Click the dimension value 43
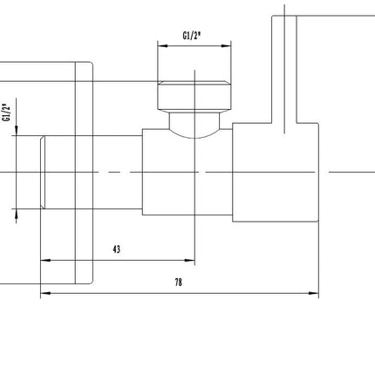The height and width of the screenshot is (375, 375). [116, 249]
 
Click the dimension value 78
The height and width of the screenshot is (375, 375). [179, 282]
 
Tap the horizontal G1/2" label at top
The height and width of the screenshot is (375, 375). [192, 36]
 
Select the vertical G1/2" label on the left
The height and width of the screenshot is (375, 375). [6, 112]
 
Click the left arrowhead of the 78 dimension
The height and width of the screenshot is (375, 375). [45, 293]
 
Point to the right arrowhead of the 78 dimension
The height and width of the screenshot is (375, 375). [314, 293]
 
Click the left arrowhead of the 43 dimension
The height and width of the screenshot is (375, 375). [45, 260]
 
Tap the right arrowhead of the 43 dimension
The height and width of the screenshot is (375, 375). [189, 260]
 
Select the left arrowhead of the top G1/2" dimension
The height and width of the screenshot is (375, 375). [163, 45]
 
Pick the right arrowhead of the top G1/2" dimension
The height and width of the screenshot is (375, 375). [226, 45]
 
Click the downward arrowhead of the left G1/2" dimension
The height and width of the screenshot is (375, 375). [17, 131]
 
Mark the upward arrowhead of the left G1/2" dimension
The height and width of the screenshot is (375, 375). [17, 214]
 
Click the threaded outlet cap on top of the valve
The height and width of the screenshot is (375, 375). [194, 95]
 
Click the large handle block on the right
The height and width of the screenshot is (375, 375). [276, 172]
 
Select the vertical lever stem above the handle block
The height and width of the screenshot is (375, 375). [284, 69]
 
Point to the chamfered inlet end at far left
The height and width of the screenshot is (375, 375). [43, 172]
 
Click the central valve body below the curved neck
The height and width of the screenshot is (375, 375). [187, 172]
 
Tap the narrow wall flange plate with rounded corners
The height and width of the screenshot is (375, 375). [84, 173]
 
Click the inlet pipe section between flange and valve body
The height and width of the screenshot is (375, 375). [118, 172]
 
